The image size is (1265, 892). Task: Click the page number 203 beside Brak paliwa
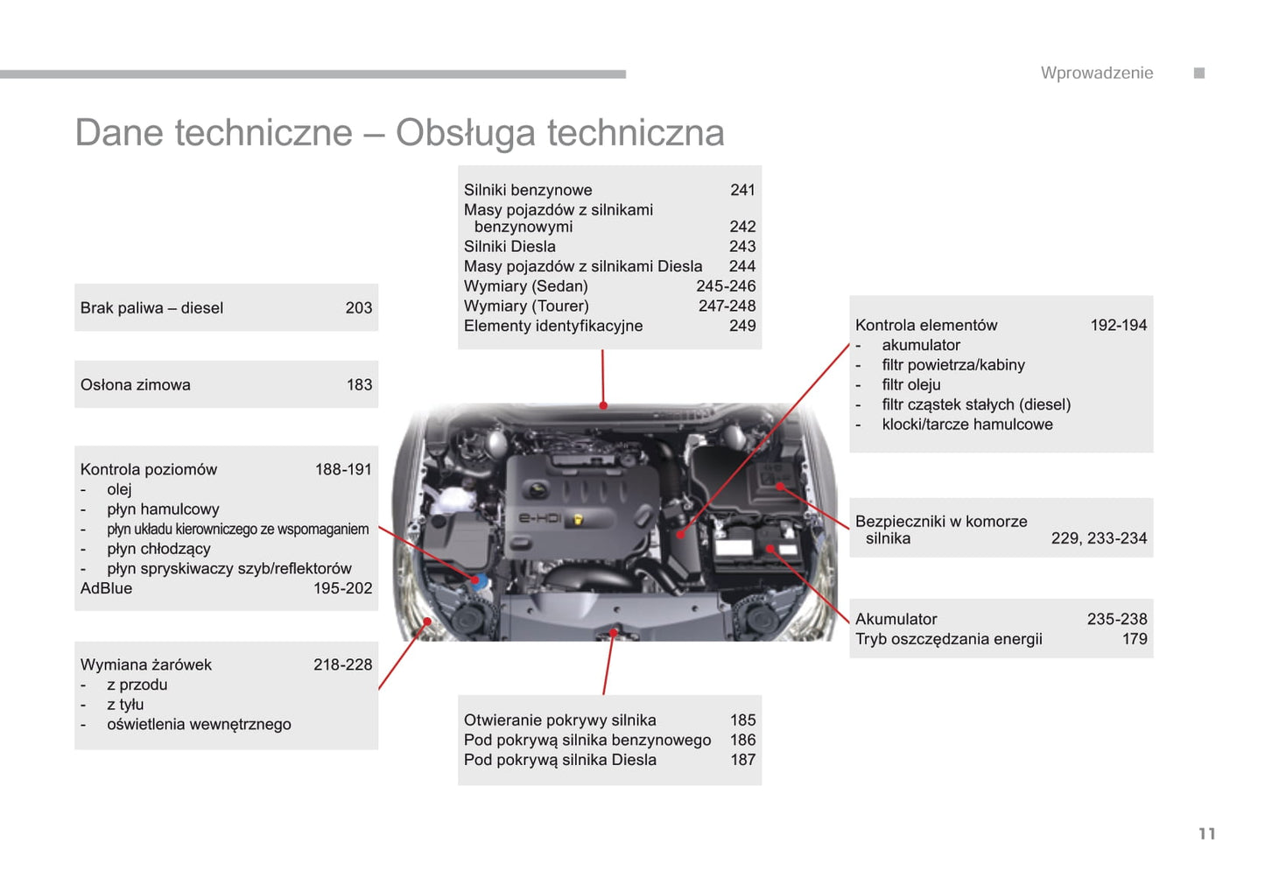point(358,308)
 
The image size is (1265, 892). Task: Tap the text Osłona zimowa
point(136,385)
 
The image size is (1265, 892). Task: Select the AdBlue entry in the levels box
point(106,588)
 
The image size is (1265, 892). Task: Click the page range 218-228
point(342,664)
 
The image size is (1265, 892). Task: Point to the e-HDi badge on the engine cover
point(539,518)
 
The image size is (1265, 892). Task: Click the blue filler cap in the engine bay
point(477,579)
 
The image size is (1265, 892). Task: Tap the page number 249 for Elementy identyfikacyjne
point(742,326)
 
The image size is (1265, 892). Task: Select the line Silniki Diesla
point(510,247)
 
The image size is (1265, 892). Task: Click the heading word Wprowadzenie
point(1096,73)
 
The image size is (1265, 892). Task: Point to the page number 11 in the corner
point(1207,833)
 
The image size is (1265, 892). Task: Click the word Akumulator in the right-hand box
point(896,619)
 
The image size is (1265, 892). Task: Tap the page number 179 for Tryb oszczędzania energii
point(1135,639)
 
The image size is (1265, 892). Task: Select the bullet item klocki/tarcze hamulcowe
point(967,425)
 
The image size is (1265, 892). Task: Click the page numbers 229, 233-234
point(1099,538)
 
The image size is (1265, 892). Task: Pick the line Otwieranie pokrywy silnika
point(559,720)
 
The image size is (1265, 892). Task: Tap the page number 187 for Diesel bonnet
point(742,760)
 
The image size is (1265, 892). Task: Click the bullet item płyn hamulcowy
point(163,509)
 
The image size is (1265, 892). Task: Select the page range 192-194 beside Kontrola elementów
point(1118,326)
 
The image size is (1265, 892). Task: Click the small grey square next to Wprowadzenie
point(1199,73)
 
